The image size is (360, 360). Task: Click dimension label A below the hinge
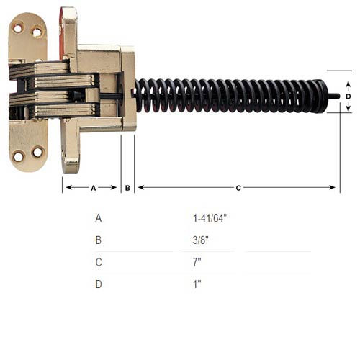point(93,188)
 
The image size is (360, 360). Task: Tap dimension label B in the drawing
point(127,188)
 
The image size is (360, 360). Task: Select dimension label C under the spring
point(238,188)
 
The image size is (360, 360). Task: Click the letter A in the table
point(98,217)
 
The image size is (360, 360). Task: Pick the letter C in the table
point(98,261)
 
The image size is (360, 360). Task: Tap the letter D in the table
point(98,284)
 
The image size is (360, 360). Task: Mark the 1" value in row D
point(197,284)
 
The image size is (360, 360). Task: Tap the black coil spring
point(230,95)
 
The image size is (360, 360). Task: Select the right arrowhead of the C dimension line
point(333,188)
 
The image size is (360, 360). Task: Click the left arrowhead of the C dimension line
point(140,188)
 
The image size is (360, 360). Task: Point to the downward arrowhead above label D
point(348,84)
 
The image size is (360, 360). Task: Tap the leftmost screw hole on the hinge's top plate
point(19,29)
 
